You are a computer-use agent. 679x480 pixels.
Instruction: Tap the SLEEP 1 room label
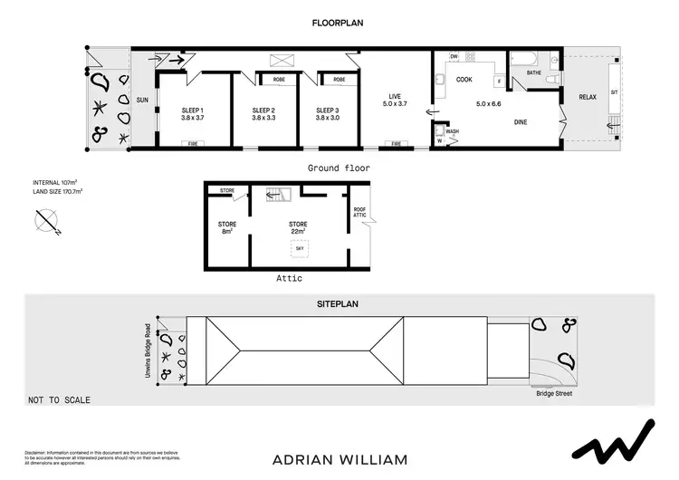[191, 110]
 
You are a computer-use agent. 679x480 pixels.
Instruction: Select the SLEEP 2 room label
[263, 110]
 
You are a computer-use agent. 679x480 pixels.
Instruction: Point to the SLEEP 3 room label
[326, 110]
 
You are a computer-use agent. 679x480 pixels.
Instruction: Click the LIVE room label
[394, 96]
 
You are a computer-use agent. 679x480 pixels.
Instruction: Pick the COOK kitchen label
[464, 80]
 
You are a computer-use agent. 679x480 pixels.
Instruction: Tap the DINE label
[521, 121]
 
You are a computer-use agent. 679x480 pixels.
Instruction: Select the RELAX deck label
[588, 96]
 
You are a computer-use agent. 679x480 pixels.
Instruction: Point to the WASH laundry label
[453, 131]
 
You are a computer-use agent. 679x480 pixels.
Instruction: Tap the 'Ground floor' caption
[339, 168]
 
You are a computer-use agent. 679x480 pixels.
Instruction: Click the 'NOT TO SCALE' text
[60, 399]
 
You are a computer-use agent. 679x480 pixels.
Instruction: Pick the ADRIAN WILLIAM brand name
[339, 459]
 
